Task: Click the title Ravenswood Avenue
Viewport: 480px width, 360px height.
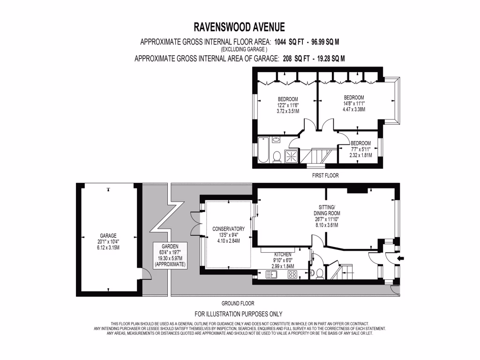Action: tap(240, 27)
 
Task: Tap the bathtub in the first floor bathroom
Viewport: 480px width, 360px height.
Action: tap(263, 150)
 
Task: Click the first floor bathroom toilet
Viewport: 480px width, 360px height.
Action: tap(277, 157)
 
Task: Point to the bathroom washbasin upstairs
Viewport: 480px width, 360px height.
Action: tap(276, 140)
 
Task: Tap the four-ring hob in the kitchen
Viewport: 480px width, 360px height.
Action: tap(292, 275)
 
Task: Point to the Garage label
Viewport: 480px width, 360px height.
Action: tap(108, 236)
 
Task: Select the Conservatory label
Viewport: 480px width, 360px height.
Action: tap(228, 229)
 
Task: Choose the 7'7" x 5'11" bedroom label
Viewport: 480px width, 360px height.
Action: tap(360, 143)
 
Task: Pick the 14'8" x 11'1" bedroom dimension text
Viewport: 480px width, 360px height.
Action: tap(354, 104)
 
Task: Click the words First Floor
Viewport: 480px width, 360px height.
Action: tap(325, 175)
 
